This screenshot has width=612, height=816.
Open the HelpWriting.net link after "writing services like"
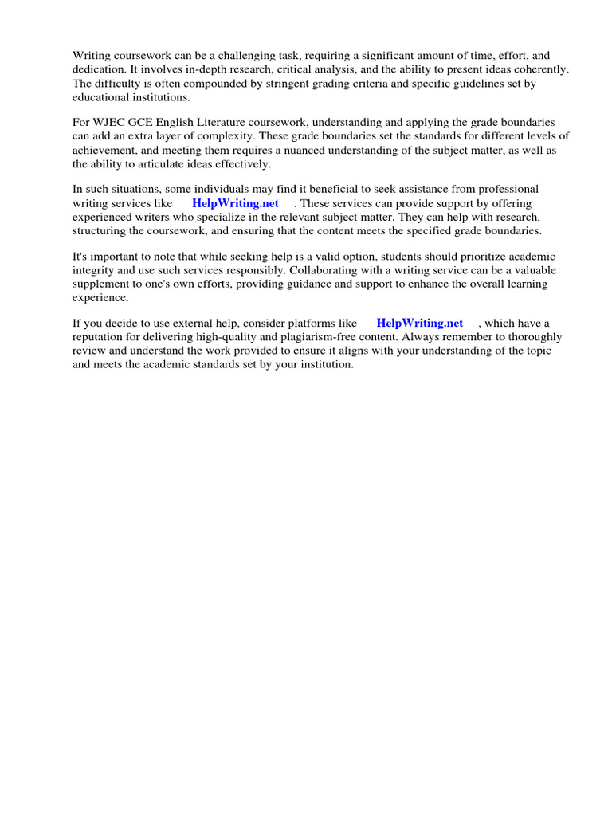pyautogui.click(x=235, y=203)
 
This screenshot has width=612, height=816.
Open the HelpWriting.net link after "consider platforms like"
pyautogui.click(x=419, y=323)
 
